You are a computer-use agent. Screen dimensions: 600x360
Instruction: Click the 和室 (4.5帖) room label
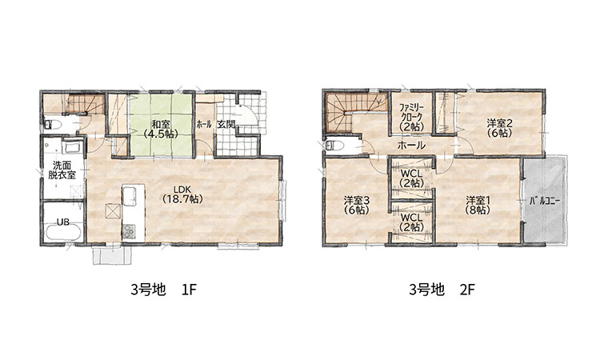(161, 129)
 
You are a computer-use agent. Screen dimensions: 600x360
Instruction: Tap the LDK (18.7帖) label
(182, 194)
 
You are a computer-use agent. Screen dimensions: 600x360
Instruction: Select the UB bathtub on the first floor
(62, 231)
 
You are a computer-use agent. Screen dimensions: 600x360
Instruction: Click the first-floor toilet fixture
(53, 125)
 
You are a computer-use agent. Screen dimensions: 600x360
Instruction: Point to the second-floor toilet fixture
(334, 146)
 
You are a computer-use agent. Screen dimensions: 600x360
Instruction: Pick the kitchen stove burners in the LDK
(129, 230)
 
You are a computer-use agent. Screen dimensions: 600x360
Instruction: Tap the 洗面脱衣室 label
(62, 170)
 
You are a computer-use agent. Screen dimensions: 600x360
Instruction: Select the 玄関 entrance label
(226, 124)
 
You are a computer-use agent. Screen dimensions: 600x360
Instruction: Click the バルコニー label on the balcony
(545, 201)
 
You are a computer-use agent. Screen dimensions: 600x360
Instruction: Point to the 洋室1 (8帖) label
(478, 205)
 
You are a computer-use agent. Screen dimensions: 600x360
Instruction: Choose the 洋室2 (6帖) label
(499, 128)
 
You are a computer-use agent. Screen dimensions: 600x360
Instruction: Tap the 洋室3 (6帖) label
(356, 205)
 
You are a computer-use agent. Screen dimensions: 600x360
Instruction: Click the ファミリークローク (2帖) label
(411, 117)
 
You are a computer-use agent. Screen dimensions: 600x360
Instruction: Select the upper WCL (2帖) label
(411, 178)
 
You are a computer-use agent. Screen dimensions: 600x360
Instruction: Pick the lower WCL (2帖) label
(411, 222)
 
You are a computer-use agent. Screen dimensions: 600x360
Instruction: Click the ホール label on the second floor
(411, 145)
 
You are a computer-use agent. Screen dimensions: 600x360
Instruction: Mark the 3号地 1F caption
(163, 290)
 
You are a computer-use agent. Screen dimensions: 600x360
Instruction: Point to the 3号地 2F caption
(442, 290)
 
